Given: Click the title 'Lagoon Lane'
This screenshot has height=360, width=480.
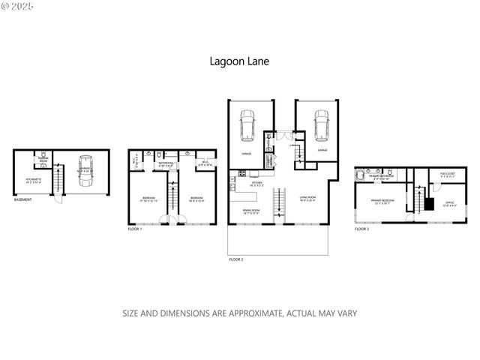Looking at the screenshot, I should point(239,64).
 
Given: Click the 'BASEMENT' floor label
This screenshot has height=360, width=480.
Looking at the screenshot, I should point(22,199).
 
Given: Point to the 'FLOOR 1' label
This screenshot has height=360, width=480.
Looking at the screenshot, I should point(135,229).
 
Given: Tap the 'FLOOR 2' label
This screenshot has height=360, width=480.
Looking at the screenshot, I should point(236,259).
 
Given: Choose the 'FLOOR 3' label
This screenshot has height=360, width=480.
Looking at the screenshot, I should point(362,229).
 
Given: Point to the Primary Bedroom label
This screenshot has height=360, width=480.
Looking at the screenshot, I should point(382,202).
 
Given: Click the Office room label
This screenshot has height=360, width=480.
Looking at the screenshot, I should point(448,203).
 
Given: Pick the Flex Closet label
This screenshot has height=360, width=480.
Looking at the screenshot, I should point(448,175).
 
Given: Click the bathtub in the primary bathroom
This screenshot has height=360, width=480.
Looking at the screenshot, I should point(359,177).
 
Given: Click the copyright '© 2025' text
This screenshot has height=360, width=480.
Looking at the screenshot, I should point(18,7).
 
